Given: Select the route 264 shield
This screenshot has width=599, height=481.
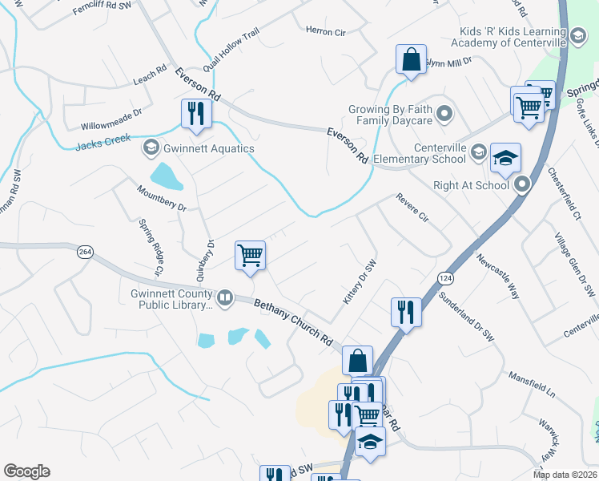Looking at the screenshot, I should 84,252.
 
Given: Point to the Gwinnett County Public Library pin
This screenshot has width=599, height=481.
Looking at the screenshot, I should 225,299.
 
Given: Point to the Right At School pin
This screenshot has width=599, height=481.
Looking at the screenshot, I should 522,185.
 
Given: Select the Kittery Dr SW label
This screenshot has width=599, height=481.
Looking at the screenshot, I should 360,282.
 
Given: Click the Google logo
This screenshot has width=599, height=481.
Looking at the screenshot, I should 26,471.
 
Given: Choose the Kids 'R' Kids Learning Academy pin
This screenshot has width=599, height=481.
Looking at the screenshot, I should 577,35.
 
